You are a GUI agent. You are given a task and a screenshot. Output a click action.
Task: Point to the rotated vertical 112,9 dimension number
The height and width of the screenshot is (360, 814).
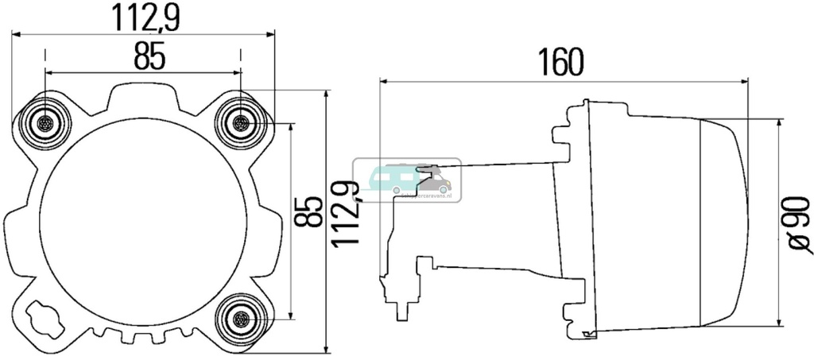(x=346, y=215)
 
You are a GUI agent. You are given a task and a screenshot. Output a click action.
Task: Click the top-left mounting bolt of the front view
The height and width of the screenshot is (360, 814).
(x=45, y=124)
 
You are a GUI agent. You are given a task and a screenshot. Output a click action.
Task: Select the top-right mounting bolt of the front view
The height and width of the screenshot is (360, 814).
(x=240, y=124)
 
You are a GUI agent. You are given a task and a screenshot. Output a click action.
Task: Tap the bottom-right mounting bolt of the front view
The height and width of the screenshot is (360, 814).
(x=240, y=319)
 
